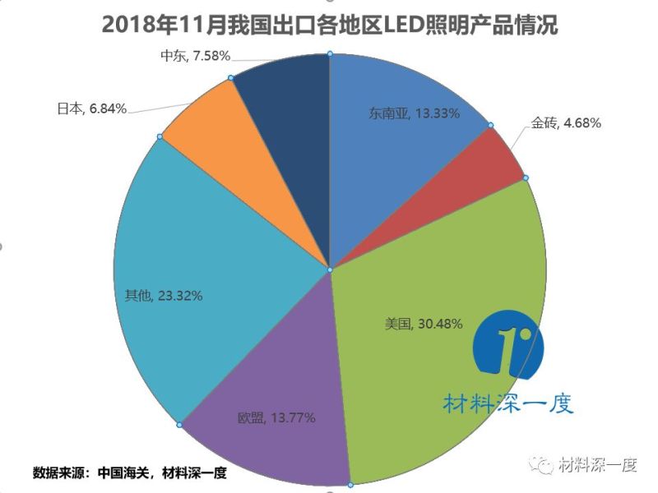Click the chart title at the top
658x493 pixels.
[x=329, y=25]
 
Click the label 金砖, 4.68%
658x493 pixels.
[x=565, y=124]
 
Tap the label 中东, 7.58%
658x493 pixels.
[x=195, y=56]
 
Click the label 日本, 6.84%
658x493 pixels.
[x=91, y=108]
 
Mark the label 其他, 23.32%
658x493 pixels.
[x=163, y=294]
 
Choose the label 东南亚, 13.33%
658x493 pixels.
[x=414, y=113]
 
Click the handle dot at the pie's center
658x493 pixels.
[x=329, y=270]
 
